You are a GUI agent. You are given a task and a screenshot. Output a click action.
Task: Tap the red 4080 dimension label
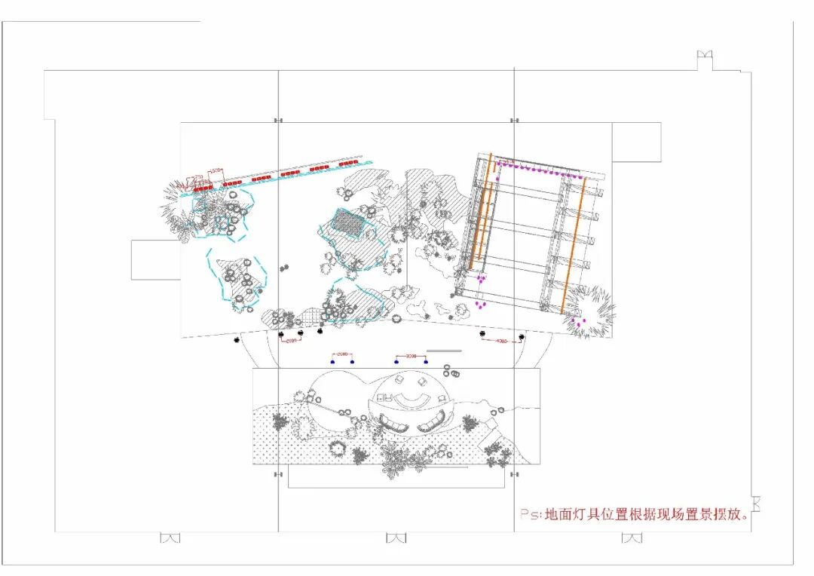(x=502, y=341)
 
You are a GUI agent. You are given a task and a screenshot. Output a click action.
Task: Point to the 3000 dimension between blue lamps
(x=411, y=354)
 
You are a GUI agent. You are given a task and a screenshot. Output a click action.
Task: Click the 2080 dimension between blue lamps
(x=341, y=354)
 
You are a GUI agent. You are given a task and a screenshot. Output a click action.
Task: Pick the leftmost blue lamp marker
(x=332, y=362)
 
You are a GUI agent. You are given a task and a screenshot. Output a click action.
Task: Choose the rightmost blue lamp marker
(x=426, y=362)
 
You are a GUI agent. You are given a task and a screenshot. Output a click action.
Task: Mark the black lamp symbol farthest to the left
(x=237, y=340)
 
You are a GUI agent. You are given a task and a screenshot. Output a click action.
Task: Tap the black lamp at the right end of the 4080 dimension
(x=522, y=337)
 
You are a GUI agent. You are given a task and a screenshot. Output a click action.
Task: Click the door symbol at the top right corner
(x=705, y=55)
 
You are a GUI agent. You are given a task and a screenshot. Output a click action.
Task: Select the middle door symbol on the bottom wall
(x=396, y=538)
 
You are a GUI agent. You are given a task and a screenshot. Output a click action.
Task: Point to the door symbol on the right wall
(x=756, y=503)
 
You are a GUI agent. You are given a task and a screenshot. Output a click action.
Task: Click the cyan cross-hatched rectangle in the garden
(x=349, y=222)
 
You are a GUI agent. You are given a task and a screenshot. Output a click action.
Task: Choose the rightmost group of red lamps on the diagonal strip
(x=348, y=163)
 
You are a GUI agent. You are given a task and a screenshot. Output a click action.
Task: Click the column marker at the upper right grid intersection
(x=514, y=121)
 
